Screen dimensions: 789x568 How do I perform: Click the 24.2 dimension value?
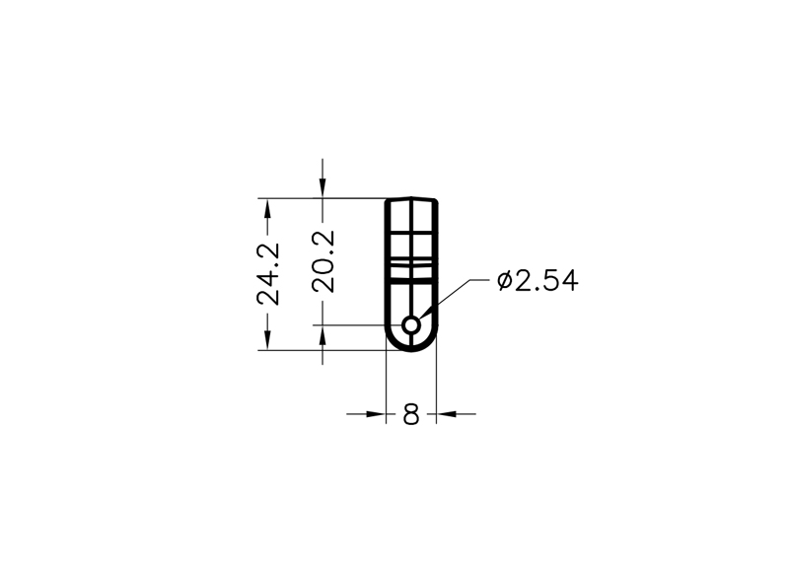[x=268, y=274]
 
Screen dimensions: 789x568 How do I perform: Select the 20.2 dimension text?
[x=323, y=261]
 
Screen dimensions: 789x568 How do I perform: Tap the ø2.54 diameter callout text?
[x=538, y=281]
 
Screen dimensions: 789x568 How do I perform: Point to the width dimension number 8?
[x=411, y=414]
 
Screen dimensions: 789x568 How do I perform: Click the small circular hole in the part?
[x=411, y=325]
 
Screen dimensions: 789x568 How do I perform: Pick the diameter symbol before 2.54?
[x=504, y=281]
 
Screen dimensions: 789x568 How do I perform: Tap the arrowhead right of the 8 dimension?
[x=446, y=414]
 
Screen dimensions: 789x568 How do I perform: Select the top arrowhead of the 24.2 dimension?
[x=267, y=208]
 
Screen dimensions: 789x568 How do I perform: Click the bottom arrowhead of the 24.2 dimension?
[x=267, y=339]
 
